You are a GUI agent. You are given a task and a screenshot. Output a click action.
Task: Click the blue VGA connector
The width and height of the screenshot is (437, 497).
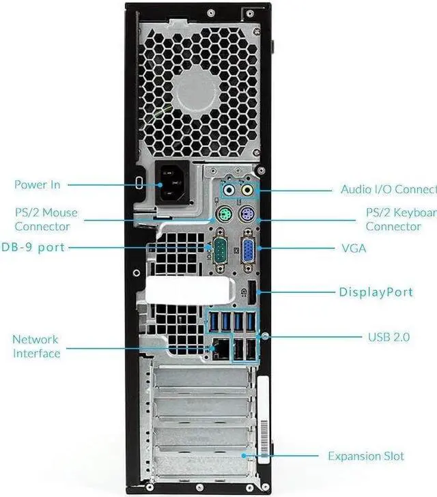pos(249,247)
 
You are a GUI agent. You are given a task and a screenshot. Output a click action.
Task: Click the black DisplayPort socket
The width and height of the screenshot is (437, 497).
pos(252,292)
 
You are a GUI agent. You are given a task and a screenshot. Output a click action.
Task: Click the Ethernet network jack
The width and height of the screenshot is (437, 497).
pos(221,349)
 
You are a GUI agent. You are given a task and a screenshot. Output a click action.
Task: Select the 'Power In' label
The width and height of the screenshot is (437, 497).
pos(38,185)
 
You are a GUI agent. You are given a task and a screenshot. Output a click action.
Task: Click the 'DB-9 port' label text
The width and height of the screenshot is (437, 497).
pos(33,247)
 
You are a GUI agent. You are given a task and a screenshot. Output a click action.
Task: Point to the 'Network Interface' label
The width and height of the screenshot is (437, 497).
pos(36,346)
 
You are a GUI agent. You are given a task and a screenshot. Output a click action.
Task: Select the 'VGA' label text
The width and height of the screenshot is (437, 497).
pos(354,248)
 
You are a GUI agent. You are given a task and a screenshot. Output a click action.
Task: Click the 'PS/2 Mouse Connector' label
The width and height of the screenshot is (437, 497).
pos(46,219)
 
